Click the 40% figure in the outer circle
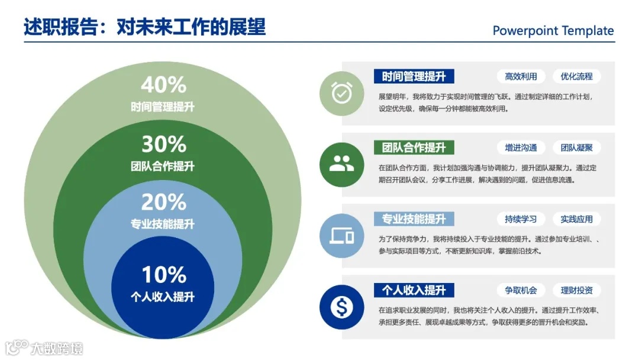pos(163,85)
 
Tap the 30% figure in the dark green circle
pos(163,144)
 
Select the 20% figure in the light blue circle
pos(163,202)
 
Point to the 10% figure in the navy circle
pos(163,275)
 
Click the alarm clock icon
pos(341,93)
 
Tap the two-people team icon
pos(341,164)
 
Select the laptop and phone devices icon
pos(341,236)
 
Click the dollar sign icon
pos(341,307)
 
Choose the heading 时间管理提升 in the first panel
pos(414,76)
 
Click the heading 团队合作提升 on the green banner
pos(414,147)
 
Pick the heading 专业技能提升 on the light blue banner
pos(414,219)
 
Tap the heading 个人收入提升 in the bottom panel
pos(414,290)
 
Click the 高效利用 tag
pos(521,76)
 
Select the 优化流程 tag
pos(576,76)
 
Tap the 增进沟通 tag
pos(521,147)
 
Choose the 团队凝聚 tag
pos(576,147)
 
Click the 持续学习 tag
pos(521,219)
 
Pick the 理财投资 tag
pos(576,290)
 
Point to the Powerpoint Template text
pos(553,31)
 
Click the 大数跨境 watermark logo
pos(44,347)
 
